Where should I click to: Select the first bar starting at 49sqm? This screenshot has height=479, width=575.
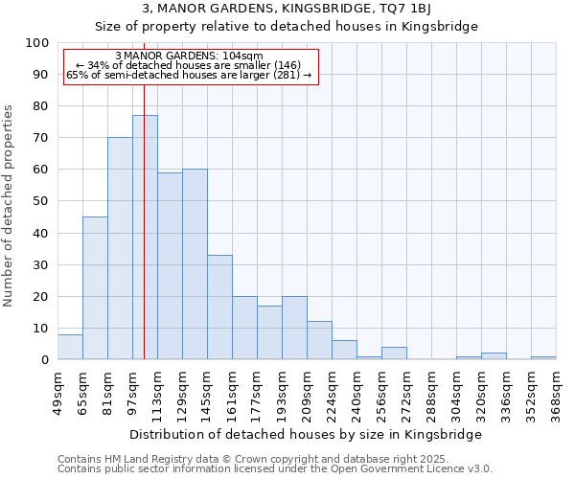70,347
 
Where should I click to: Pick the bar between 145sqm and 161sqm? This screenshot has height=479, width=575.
219,307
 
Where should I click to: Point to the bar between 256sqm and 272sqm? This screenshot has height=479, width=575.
394,354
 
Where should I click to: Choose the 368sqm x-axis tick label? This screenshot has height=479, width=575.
557,394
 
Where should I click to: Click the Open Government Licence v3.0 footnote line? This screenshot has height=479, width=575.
275,469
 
